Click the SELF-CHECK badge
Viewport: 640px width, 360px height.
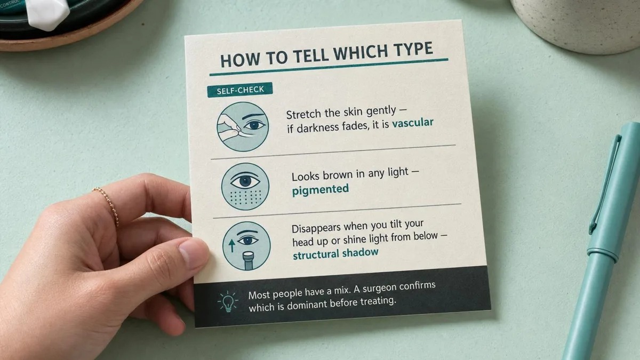coord(240,90)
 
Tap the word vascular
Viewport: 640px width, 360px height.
coord(413,123)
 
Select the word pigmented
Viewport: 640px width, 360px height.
coord(321,190)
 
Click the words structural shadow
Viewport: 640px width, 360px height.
coord(335,254)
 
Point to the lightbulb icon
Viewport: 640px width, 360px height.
coord(227,301)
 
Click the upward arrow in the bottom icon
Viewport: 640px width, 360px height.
coord(231,246)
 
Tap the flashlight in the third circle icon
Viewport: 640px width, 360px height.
coord(249,260)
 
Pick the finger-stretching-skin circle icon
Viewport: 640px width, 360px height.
coord(243,126)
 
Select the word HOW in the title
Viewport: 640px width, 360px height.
coord(240,59)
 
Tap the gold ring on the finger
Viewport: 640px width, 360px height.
coord(107,204)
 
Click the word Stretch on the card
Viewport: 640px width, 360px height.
coord(303,115)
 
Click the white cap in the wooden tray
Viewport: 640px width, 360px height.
coord(49,13)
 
